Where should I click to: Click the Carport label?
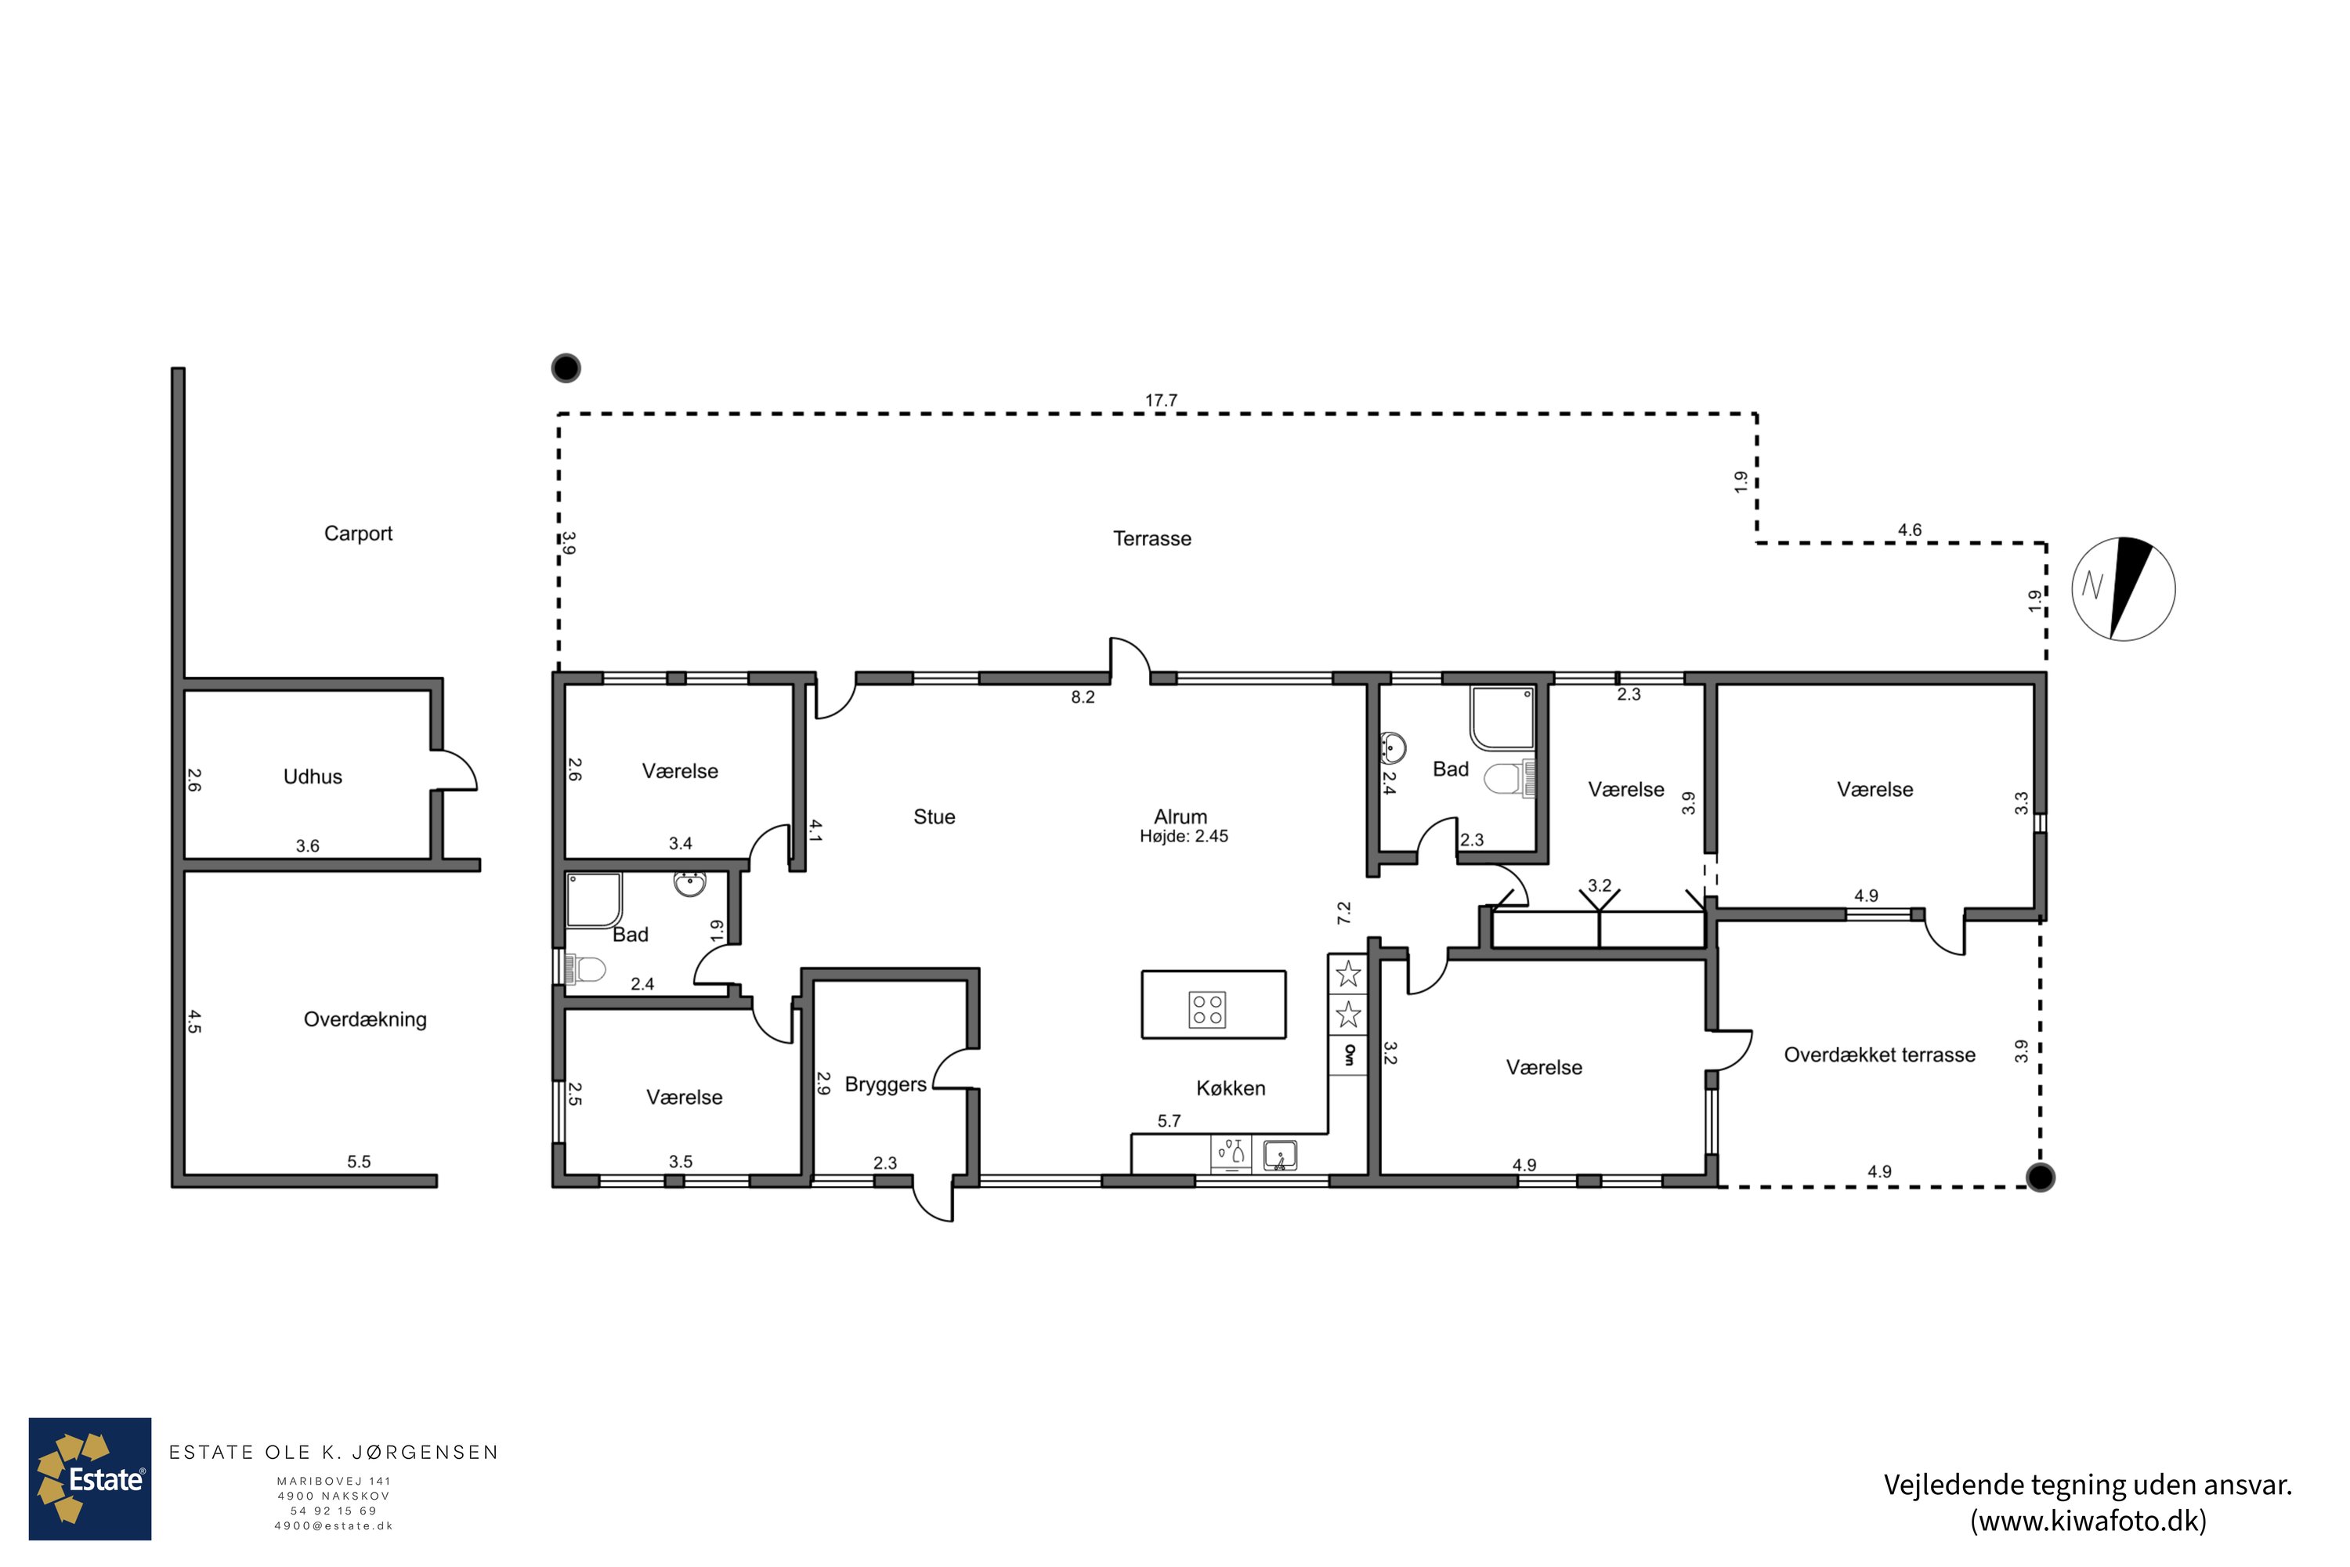click(358, 534)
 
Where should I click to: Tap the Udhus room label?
click(313, 776)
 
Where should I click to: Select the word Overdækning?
click(365, 1019)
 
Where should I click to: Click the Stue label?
click(935, 816)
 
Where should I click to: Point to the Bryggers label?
click(885, 1084)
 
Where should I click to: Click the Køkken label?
click(1231, 1088)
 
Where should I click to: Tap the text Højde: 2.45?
click(1184, 837)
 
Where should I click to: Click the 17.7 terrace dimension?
click(1161, 400)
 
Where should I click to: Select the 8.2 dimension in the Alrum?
click(1083, 697)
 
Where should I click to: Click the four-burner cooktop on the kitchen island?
click(1207, 1009)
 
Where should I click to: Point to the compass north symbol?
click(2123, 588)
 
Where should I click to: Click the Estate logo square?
click(90, 1479)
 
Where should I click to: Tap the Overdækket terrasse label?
click(1879, 1055)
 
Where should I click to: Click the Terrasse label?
click(1152, 539)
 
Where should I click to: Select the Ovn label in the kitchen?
click(1349, 1055)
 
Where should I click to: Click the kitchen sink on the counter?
click(1280, 1155)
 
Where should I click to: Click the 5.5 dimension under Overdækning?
click(359, 1161)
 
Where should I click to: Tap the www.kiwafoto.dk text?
click(2088, 1521)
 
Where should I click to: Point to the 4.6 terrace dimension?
click(1910, 530)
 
